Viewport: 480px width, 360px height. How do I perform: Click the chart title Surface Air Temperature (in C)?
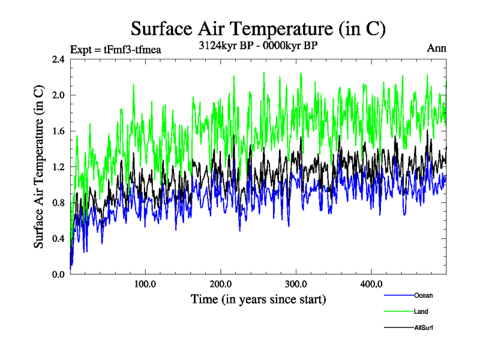(258, 28)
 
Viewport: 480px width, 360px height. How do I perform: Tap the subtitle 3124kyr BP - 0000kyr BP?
(258, 46)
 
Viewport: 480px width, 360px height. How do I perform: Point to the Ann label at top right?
(436, 49)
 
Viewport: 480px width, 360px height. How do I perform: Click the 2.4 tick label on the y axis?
(58, 59)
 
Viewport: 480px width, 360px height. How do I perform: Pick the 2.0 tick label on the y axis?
(58, 95)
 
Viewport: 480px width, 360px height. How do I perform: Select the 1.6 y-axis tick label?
(58, 131)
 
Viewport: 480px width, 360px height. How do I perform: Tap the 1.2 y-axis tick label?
(58, 167)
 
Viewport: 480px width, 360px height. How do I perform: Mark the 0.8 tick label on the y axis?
(58, 203)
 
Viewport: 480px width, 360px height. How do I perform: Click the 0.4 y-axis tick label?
(58, 239)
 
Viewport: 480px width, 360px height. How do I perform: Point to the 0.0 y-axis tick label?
(58, 274)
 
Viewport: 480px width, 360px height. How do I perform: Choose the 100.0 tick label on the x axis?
(145, 284)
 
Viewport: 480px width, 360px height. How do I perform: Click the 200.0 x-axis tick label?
(221, 284)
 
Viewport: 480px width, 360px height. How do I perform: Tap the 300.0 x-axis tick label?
(296, 284)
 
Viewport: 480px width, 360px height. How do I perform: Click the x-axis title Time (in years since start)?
(258, 299)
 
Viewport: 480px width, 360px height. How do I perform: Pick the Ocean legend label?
(423, 295)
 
